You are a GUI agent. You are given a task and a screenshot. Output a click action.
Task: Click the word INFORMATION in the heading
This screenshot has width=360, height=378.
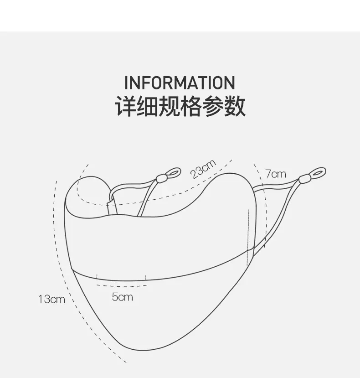[x=180, y=83]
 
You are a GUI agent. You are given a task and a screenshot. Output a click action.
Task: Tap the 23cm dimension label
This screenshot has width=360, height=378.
[x=203, y=169]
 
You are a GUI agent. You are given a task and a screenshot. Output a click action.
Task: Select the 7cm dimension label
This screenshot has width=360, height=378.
[x=276, y=174]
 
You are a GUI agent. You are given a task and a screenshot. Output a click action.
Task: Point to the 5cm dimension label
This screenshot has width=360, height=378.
[x=122, y=297]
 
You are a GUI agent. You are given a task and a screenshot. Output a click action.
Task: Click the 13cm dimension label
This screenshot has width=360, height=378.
[x=51, y=299]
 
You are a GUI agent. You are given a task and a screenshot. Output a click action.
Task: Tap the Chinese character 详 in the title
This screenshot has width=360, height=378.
[x=125, y=106]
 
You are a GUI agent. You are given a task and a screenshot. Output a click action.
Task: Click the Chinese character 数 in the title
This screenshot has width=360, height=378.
[x=235, y=106]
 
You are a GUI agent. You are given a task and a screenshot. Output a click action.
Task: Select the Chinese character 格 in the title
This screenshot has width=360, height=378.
[x=191, y=106]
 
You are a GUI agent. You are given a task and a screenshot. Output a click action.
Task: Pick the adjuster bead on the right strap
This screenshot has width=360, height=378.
[x=303, y=180]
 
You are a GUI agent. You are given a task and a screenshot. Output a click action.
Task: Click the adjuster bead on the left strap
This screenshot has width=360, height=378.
[x=161, y=179]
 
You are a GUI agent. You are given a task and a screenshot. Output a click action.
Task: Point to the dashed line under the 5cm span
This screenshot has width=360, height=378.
[x=122, y=286]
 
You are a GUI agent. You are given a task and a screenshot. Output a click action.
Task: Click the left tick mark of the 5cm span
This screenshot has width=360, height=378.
[x=97, y=276]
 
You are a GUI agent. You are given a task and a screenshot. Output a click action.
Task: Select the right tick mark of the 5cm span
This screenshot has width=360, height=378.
[x=145, y=278]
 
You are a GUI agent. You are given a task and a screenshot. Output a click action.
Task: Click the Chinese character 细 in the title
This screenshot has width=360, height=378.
[x=147, y=106]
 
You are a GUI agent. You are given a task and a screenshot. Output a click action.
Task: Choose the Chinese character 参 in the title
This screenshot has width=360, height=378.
[x=213, y=106]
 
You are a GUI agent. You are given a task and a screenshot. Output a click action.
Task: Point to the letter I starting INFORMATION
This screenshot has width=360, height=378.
[x=126, y=83]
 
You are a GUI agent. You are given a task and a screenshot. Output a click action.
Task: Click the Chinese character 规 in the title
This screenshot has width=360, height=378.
[x=169, y=106]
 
